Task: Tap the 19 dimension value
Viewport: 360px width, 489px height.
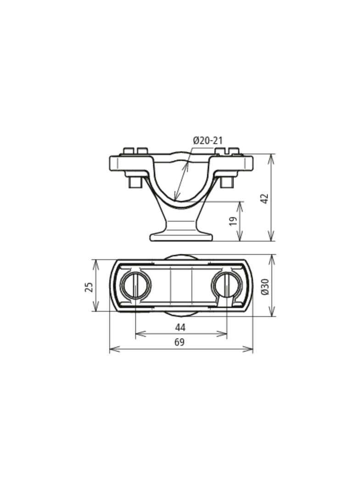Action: tap(233, 221)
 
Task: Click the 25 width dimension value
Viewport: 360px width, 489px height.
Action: tap(89, 287)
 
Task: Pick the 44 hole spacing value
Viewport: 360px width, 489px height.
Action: tap(180, 327)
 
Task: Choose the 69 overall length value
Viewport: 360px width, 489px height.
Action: tap(179, 342)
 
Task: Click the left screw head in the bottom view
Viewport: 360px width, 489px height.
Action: tap(136, 286)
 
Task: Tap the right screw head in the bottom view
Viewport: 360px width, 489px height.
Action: tap(227, 286)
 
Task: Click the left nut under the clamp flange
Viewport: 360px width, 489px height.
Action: tap(135, 182)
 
